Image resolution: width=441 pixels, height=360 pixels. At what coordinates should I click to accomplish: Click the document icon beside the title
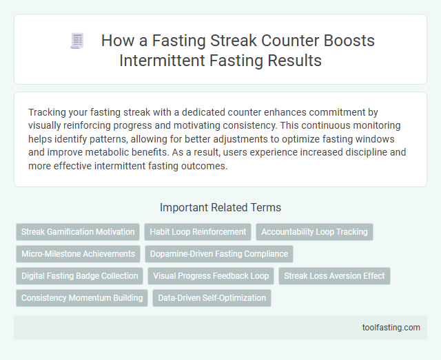click(76, 41)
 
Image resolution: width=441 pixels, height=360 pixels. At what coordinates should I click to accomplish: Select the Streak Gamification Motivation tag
click(78, 232)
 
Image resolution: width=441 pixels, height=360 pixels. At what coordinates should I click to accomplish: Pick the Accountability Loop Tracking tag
click(314, 232)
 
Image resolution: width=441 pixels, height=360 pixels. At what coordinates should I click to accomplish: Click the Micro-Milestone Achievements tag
click(78, 254)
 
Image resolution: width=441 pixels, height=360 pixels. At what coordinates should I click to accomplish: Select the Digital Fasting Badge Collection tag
click(79, 276)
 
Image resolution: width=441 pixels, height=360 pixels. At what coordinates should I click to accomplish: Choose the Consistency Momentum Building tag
click(82, 298)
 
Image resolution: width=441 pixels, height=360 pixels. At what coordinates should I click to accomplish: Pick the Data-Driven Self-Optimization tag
click(212, 298)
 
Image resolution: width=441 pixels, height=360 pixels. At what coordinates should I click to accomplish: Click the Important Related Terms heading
click(220, 207)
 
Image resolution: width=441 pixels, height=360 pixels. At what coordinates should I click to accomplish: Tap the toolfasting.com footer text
click(392, 328)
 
